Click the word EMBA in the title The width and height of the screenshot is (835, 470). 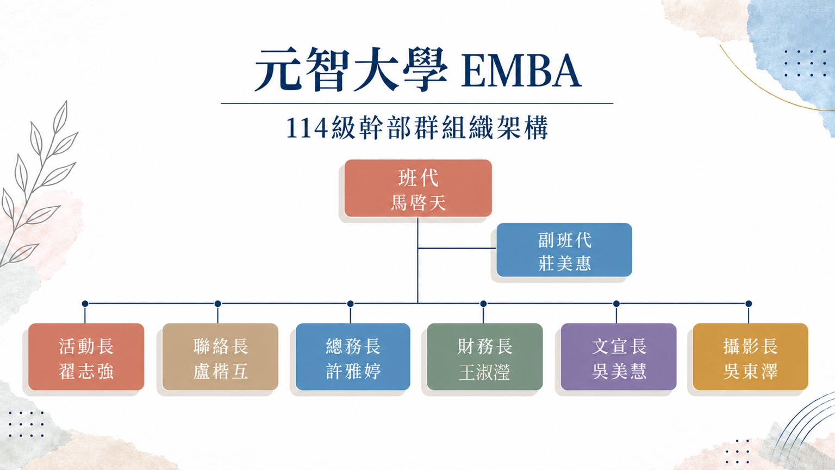(521, 71)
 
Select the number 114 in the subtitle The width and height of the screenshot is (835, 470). (307, 128)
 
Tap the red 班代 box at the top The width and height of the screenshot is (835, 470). (418, 188)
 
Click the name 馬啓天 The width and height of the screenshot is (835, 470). (418, 203)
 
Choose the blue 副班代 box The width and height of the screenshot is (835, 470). (564, 250)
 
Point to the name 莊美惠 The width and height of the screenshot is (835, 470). (564, 263)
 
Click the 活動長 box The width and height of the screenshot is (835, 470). (86, 357)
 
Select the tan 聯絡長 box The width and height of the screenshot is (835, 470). (220, 357)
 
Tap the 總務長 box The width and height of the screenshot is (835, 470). (353, 357)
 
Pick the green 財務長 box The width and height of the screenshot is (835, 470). (484, 357)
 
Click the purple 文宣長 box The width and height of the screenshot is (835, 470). (619, 357)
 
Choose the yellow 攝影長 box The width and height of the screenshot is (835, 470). (750, 357)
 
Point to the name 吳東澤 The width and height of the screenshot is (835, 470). (750, 372)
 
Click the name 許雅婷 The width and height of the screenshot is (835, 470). (353, 372)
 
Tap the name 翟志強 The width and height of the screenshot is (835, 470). (86, 372)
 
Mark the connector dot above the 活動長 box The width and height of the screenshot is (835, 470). (85, 304)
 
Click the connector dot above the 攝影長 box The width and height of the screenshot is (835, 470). (749, 304)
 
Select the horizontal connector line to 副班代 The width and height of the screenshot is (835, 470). (457, 248)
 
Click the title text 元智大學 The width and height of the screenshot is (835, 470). (351, 70)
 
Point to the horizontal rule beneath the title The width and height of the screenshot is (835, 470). (417, 103)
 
